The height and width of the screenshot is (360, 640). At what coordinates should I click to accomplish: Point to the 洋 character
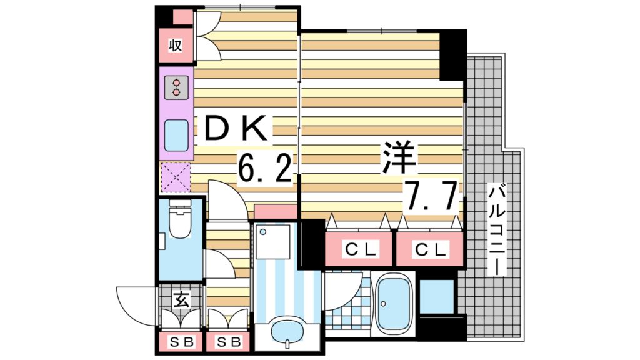point(399,157)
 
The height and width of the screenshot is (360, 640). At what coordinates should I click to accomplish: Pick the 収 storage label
point(175,46)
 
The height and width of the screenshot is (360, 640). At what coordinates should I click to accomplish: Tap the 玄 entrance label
point(180,300)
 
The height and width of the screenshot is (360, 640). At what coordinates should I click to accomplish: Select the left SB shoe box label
point(181,342)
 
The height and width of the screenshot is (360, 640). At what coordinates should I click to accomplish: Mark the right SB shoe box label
point(227,342)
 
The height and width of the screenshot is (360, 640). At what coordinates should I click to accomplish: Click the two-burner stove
point(176,87)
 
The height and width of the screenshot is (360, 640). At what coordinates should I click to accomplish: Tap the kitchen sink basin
point(176,133)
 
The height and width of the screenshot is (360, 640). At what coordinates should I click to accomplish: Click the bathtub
point(393,304)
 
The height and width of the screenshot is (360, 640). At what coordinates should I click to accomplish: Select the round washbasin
point(288,329)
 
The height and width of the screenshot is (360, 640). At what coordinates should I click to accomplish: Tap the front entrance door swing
point(136,306)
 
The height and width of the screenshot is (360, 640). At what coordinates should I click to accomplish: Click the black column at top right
point(452,55)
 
